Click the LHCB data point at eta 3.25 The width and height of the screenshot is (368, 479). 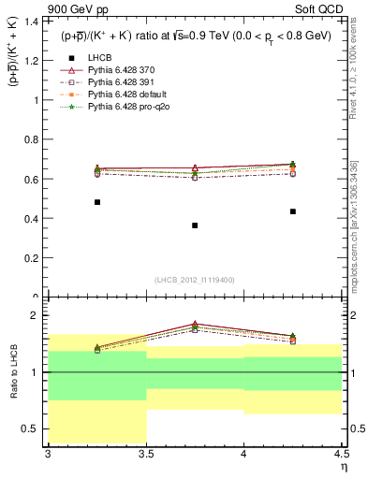(96, 202)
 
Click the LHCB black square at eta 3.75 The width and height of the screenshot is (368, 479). (195, 225)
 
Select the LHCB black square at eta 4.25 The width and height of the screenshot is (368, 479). (293, 211)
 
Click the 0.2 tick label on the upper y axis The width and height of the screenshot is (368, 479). (34, 258)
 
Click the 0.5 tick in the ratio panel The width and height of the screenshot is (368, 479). (34, 429)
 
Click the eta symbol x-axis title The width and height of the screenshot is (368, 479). (344, 466)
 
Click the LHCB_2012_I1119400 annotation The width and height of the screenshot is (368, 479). (195, 280)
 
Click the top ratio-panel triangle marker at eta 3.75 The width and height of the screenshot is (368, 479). (195, 324)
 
